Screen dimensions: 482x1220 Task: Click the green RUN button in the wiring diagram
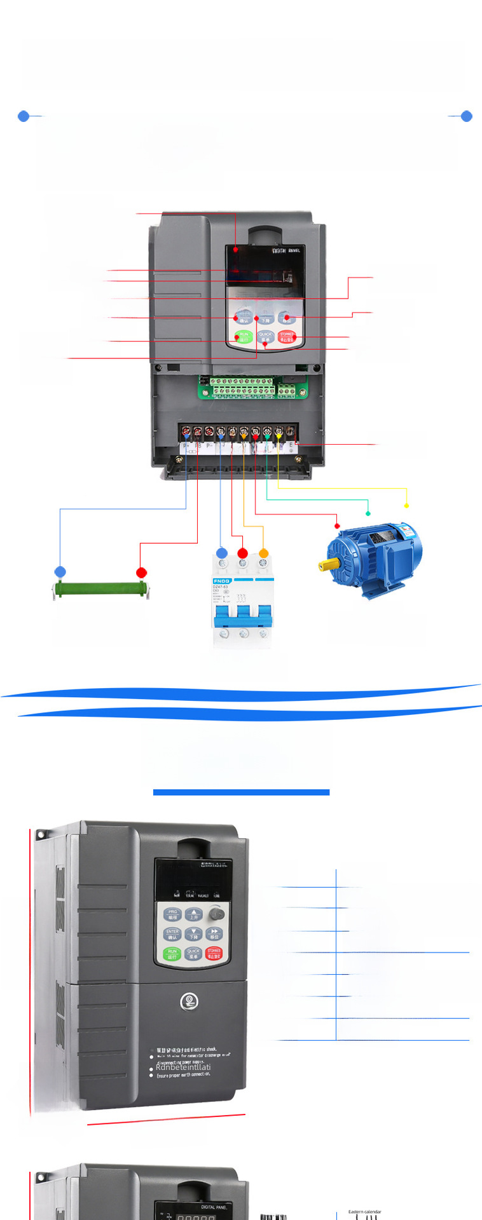coord(244,337)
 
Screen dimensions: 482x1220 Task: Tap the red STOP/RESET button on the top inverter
coord(287,337)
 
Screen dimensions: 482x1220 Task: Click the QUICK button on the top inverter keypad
coord(265,337)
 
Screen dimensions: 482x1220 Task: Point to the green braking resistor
coord(101,590)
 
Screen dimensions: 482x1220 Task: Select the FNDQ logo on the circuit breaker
coord(221,581)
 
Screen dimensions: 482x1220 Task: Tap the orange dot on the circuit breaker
coord(264,553)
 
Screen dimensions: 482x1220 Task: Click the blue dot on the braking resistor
coord(60,572)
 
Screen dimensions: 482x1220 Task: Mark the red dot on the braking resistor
coord(142,573)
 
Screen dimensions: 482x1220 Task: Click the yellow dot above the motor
coord(406,506)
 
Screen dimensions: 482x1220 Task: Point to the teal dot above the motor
coord(368,513)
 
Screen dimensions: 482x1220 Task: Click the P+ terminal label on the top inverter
coord(186,446)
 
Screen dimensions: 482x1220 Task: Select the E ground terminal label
coord(292,446)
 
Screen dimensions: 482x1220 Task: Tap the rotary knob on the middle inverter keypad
coord(217,914)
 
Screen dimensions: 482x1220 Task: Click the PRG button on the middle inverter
coord(172,914)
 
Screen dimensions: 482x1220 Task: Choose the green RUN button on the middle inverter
coord(172,954)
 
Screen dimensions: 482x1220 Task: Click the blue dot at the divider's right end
coord(466,116)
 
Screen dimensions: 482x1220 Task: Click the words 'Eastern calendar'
coord(364,1212)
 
